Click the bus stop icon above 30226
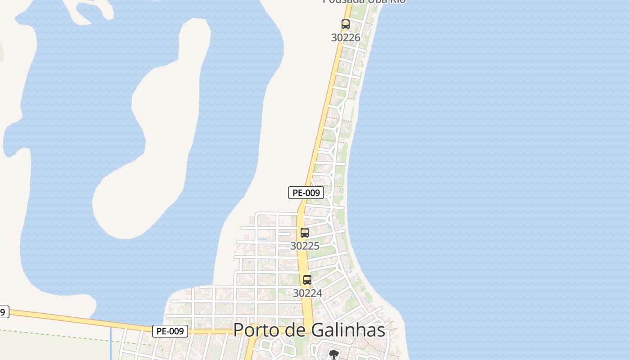click(x=345, y=24)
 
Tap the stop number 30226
click(x=346, y=38)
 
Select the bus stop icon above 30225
click(x=305, y=233)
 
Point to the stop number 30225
click(x=305, y=246)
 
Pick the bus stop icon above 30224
click(x=307, y=280)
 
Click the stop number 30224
click(x=307, y=293)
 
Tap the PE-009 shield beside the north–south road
click(x=306, y=193)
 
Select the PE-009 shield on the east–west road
click(x=170, y=331)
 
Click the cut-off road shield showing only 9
click(x=3, y=312)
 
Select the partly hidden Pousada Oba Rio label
click(x=364, y=2)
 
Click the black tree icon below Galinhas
click(x=333, y=354)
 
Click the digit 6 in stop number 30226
click(x=357, y=38)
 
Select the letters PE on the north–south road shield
click(x=297, y=193)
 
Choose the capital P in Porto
click(x=238, y=330)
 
